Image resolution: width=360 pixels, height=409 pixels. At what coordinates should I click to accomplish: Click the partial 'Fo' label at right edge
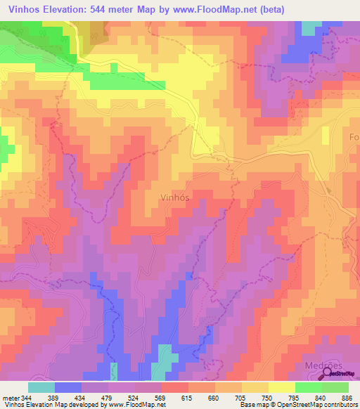354,138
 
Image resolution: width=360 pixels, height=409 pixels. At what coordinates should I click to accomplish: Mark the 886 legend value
348,398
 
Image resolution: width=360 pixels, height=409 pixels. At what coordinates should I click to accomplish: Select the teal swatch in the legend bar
41,387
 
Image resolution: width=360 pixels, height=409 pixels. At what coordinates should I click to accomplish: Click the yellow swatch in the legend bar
255,387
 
